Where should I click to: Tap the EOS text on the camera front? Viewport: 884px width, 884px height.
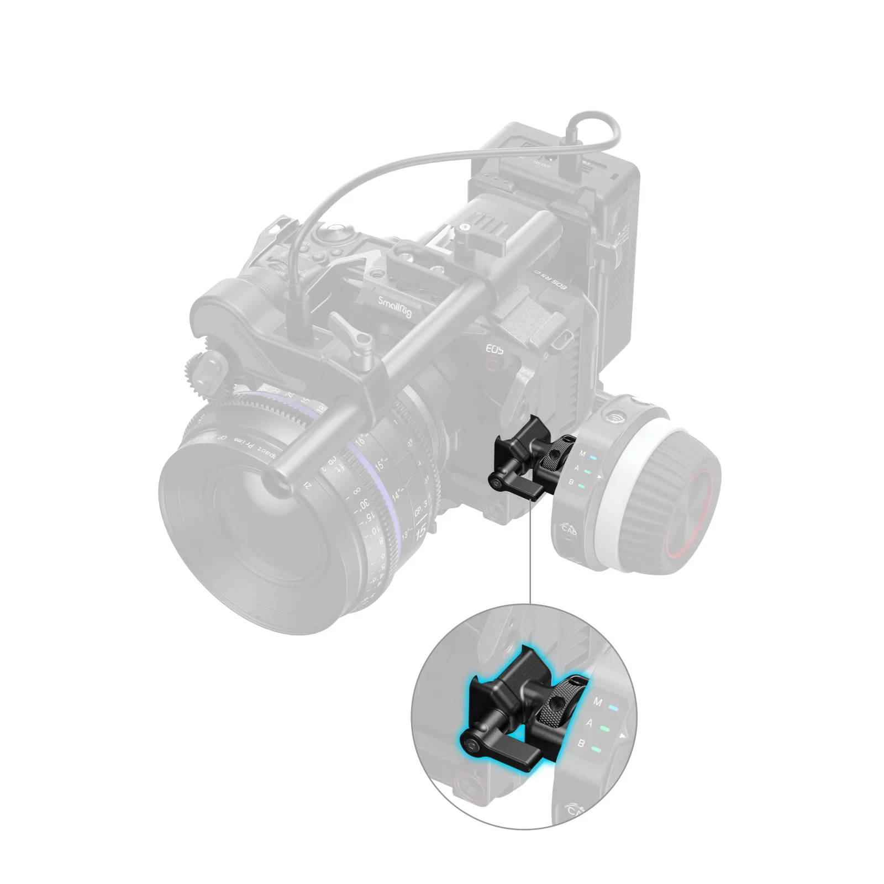494,349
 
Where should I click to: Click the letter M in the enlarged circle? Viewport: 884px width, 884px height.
597,702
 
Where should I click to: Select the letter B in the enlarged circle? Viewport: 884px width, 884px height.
581,744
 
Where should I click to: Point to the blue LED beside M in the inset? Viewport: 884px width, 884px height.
612,707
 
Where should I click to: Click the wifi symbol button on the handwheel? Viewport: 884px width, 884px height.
613,415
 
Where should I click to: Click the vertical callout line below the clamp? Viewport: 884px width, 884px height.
530,552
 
